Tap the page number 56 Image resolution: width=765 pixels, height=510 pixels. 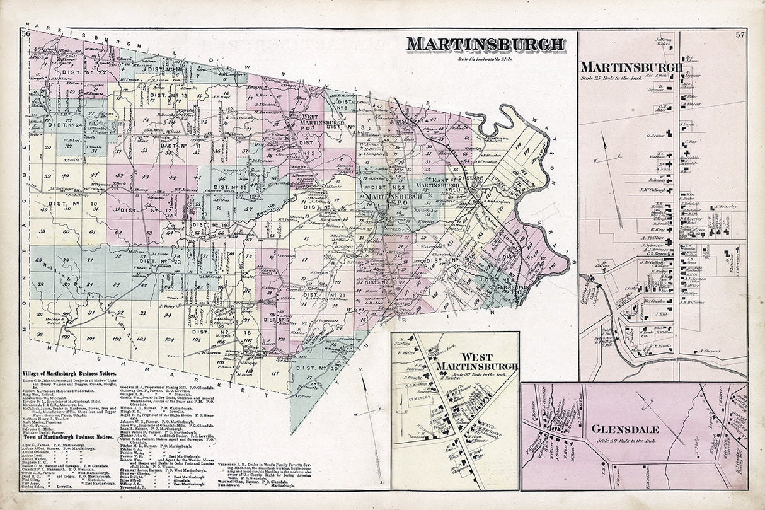coord(26,33)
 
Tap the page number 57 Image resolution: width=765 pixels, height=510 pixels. coord(740,34)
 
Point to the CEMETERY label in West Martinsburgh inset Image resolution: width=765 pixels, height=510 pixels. coord(419,398)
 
